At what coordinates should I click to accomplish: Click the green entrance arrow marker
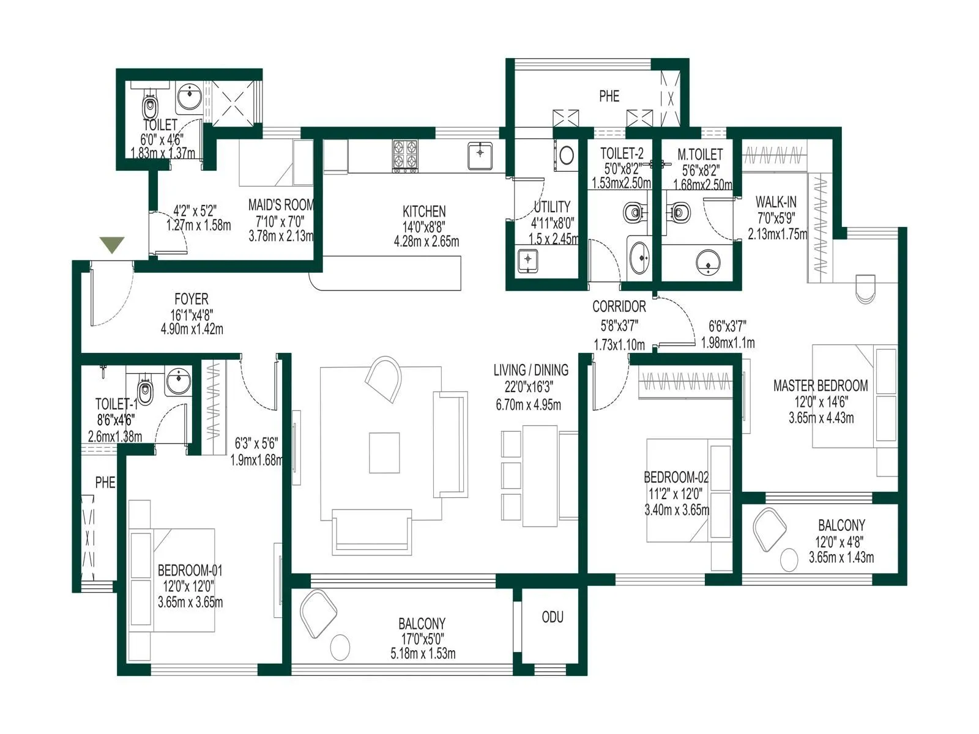(113, 245)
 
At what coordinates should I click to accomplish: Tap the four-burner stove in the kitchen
(405, 154)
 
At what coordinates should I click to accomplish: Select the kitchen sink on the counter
(480, 155)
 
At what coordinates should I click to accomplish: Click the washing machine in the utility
(567, 155)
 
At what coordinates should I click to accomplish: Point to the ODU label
(553, 617)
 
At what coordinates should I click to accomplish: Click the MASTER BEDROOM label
(821, 386)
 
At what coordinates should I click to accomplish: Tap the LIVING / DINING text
(530, 370)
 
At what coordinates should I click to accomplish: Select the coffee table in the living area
(384, 453)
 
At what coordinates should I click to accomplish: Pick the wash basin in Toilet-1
(179, 382)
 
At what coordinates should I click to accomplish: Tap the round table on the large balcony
(339, 647)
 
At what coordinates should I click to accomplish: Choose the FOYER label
(192, 299)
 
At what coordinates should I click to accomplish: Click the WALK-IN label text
(776, 202)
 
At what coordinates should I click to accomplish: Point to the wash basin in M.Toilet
(708, 262)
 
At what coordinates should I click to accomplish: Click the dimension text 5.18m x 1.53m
(423, 654)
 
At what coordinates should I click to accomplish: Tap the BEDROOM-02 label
(676, 478)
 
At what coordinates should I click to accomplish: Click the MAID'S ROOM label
(281, 205)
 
